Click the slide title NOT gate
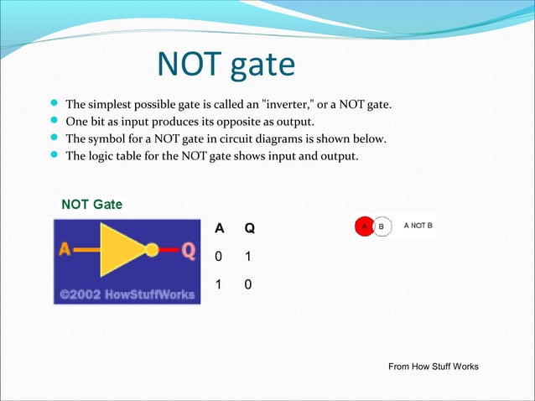pos(226,65)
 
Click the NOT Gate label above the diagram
pos(92,204)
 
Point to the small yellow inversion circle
pos(152,249)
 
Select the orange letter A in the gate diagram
pos(65,249)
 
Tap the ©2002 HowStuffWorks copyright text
pos(126,294)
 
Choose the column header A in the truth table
pos(220,228)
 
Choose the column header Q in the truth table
pos(249,228)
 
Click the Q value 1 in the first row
pos(248,257)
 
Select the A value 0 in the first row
pos(220,257)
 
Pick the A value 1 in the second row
pos(219,285)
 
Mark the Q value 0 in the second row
pos(248,285)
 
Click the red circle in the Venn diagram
pos(363,227)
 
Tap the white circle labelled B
pos(382,227)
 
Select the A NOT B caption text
pos(418,226)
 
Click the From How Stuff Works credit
pos(434,367)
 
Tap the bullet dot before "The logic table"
pos(54,154)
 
